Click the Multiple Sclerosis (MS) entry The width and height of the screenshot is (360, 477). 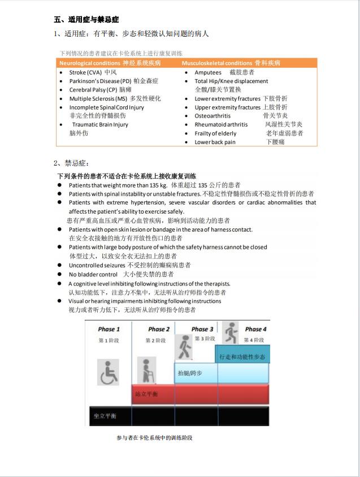tap(106, 98)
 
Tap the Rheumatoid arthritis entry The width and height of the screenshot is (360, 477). tap(221, 124)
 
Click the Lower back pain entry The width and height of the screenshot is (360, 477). tap(215, 142)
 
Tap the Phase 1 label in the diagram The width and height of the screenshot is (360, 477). tap(109, 329)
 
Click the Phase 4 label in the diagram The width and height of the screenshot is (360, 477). tap(255, 329)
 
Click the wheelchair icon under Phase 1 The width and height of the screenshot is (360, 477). tap(109, 374)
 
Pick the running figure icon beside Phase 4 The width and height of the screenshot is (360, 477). tap(231, 332)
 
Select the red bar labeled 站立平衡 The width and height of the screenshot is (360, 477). tap(200, 393)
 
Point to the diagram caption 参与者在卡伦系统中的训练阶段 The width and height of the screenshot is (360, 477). tap(154, 437)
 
